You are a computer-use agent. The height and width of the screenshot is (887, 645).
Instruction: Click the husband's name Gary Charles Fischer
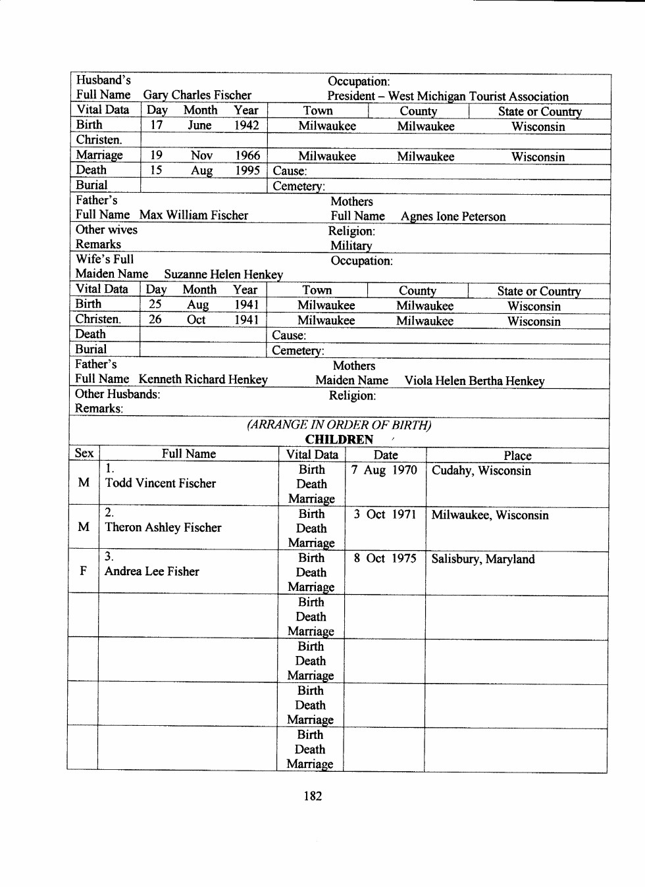(x=197, y=95)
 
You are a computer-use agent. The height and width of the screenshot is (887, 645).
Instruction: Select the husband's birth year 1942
(x=246, y=125)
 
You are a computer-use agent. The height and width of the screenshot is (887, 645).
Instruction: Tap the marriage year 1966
(x=247, y=155)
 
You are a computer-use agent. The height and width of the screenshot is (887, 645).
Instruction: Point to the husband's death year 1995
(x=247, y=170)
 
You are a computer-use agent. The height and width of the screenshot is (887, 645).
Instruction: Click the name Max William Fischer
(x=193, y=215)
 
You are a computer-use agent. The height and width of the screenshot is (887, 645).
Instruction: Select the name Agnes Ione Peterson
(x=453, y=216)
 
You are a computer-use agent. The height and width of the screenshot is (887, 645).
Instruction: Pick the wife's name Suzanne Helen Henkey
(x=223, y=274)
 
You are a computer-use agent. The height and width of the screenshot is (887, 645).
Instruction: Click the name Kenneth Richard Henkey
(x=203, y=380)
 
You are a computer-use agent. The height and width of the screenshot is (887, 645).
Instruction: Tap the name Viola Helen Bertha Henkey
(x=474, y=381)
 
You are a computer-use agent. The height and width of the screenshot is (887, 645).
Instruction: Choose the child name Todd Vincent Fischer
(x=160, y=484)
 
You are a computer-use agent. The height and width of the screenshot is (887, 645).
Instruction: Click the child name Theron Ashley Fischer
(x=163, y=528)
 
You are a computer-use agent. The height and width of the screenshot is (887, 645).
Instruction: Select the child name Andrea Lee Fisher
(x=151, y=572)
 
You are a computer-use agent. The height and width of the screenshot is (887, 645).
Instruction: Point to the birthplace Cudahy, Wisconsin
(x=481, y=471)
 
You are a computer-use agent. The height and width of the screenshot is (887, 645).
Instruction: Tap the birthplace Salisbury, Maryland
(x=482, y=559)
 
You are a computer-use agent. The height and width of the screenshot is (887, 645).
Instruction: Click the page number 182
(x=313, y=796)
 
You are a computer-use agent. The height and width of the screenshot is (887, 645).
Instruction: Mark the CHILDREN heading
(x=339, y=440)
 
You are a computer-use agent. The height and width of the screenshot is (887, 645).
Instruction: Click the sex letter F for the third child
(x=84, y=570)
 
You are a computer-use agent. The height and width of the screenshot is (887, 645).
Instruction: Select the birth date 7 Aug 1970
(x=384, y=470)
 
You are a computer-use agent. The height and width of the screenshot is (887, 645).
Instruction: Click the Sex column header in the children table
(x=84, y=453)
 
